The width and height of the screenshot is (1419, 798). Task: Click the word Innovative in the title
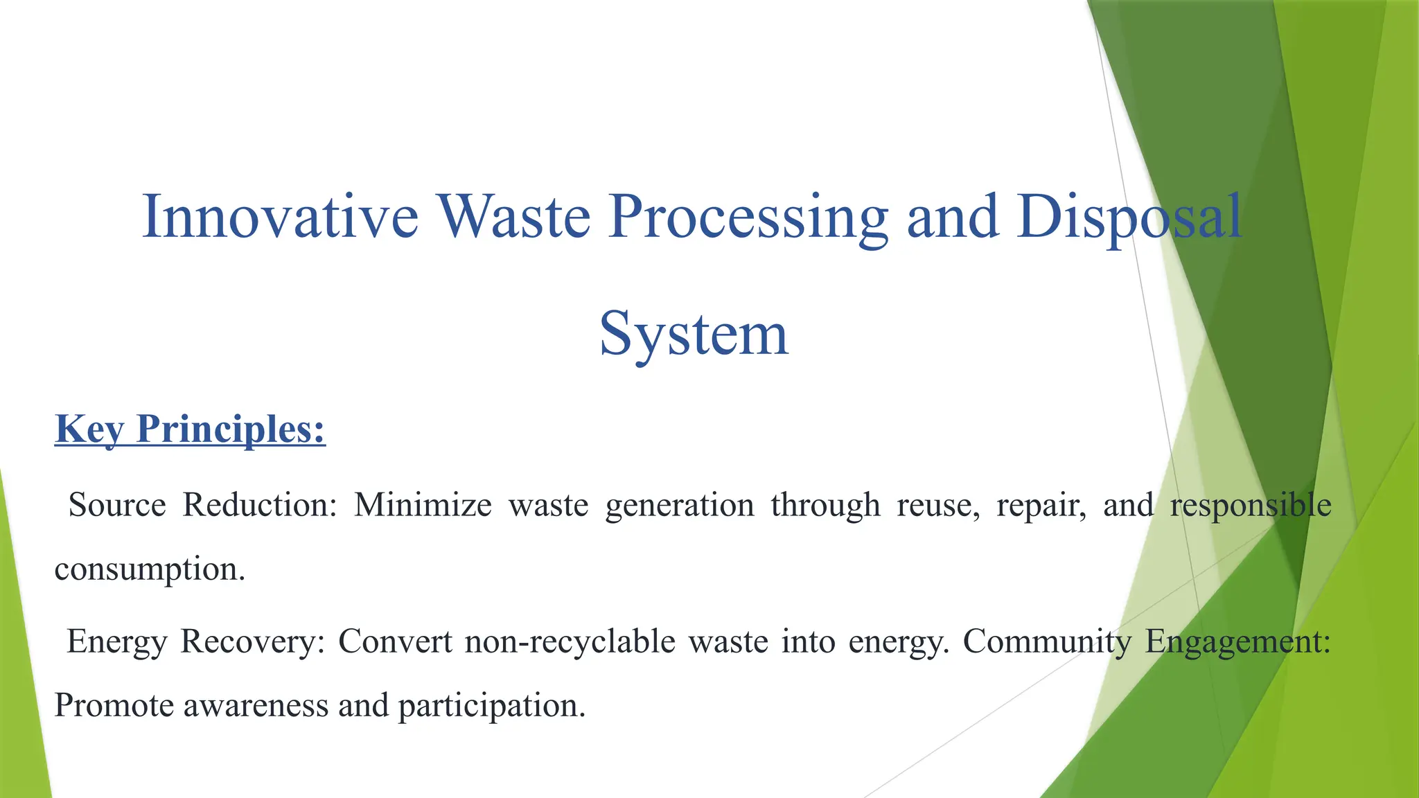click(x=280, y=218)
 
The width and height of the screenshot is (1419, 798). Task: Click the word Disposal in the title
click(x=1129, y=218)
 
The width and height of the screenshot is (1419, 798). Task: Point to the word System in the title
click(x=694, y=335)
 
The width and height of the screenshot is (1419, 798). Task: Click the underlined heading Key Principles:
click(x=190, y=429)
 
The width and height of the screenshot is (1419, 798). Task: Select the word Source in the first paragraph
click(x=117, y=505)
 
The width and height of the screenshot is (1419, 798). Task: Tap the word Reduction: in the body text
click(x=260, y=505)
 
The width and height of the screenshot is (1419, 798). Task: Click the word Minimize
click(x=423, y=505)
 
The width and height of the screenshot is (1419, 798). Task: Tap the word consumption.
click(x=150, y=570)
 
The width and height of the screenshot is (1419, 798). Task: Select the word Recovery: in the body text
click(x=253, y=641)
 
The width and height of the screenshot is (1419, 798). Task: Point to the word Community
click(x=1047, y=642)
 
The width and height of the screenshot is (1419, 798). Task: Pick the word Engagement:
click(x=1237, y=642)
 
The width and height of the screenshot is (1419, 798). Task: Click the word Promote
click(x=114, y=706)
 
